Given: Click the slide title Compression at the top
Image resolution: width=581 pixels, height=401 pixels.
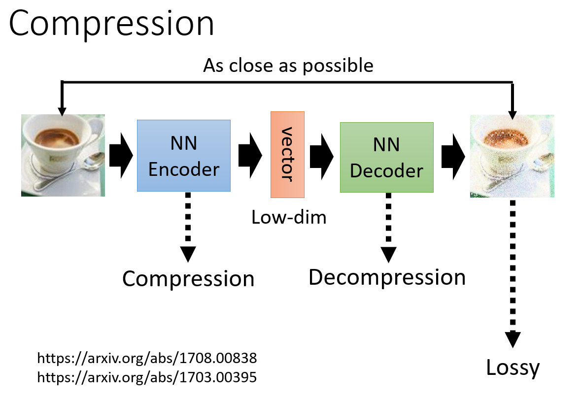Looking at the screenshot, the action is (x=111, y=24).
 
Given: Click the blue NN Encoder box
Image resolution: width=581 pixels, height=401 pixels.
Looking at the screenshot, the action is (x=184, y=156).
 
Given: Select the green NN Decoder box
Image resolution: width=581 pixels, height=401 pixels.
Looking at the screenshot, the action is (x=387, y=157).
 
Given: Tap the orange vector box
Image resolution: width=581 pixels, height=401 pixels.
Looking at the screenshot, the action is (x=287, y=155).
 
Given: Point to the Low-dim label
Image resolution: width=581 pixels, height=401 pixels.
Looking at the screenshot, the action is (x=289, y=217).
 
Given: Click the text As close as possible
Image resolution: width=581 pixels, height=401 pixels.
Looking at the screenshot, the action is (x=288, y=66).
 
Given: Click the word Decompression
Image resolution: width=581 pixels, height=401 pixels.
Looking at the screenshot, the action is (x=387, y=277).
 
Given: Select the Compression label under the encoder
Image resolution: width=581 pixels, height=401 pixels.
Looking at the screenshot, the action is (x=188, y=279).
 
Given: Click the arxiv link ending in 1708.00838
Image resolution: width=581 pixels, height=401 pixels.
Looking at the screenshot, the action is (x=147, y=358).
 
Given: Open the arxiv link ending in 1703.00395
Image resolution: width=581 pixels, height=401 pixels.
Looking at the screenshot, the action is (x=147, y=377).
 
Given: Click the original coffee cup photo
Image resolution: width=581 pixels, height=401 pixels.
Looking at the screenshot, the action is (x=63, y=156).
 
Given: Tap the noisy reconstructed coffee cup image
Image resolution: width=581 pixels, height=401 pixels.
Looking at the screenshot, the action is (x=512, y=156).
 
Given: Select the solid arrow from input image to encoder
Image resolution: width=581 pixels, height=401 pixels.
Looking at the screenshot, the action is (x=121, y=156).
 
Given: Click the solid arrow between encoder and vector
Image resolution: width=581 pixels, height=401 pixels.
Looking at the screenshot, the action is (x=250, y=156).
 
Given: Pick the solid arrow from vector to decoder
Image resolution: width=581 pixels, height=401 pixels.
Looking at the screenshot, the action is (x=322, y=157).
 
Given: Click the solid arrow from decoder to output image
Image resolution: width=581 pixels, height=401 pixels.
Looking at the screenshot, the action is (x=453, y=157).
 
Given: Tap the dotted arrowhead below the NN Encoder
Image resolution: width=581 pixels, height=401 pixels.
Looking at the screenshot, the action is (x=188, y=254).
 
